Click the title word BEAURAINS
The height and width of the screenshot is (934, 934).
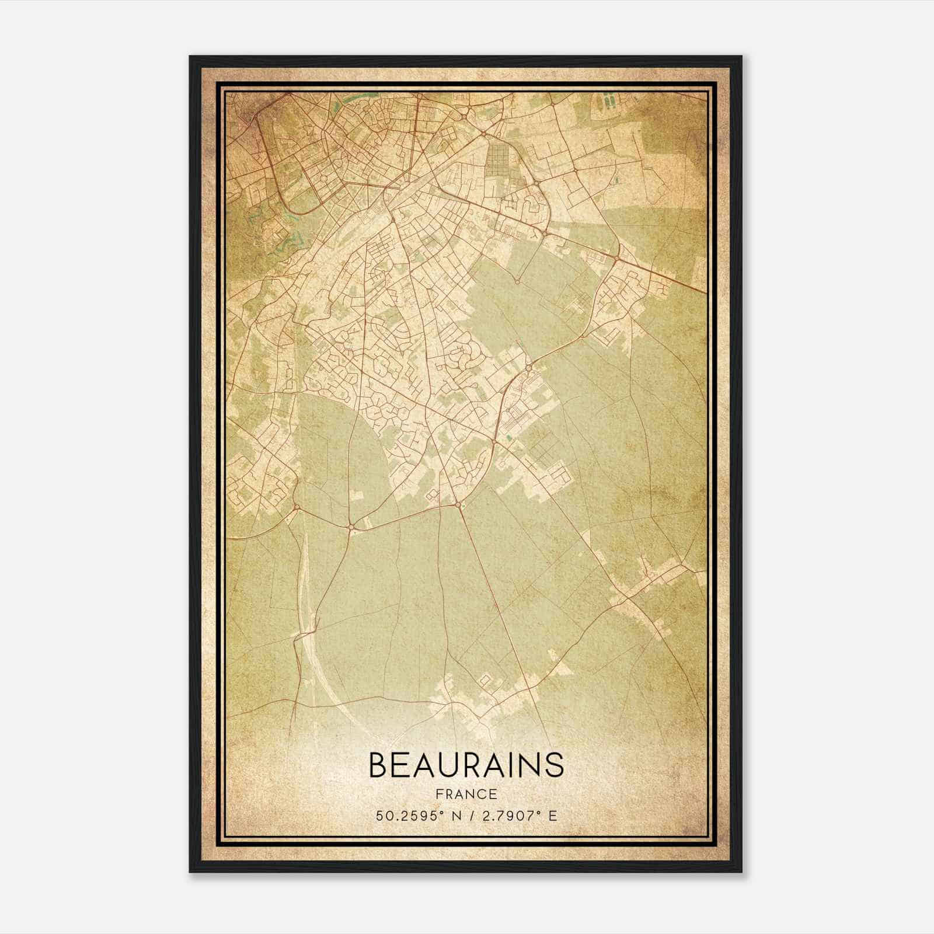[x=466, y=765]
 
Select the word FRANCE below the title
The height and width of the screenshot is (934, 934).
[x=466, y=794]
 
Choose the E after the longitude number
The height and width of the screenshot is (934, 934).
[x=553, y=815]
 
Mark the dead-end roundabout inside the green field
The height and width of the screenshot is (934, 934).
[x=517, y=281]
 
